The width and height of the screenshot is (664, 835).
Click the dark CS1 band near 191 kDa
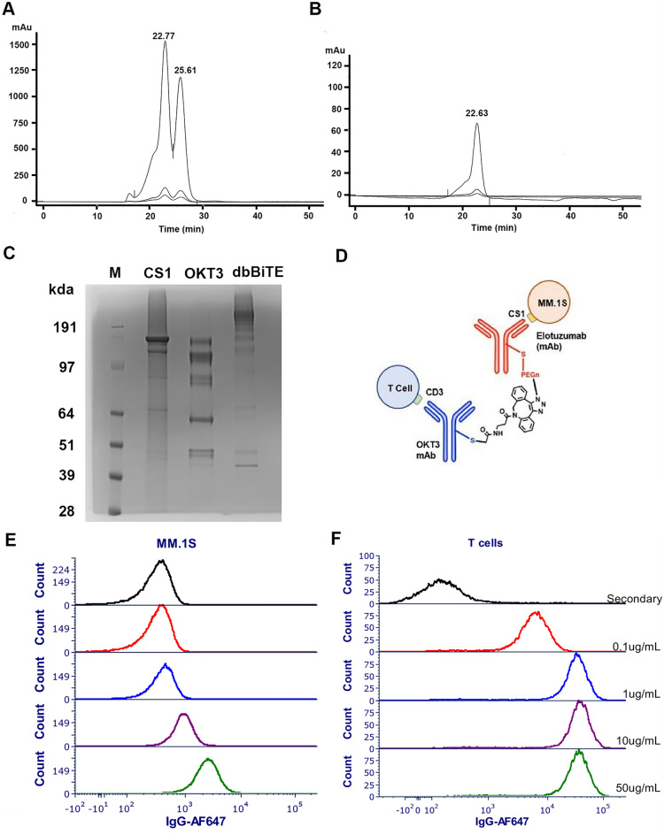point(155,339)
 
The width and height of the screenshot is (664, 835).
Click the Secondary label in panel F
point(637,599)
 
